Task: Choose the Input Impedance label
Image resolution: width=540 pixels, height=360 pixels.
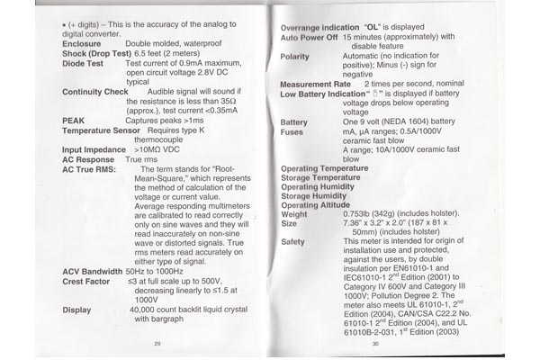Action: coord(94,149)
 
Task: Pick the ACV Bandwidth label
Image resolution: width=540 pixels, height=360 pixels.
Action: coord(93,270)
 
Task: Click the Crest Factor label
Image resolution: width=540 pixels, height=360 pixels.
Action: coord(87,281)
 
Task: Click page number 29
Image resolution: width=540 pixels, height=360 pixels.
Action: coord(157,343)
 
